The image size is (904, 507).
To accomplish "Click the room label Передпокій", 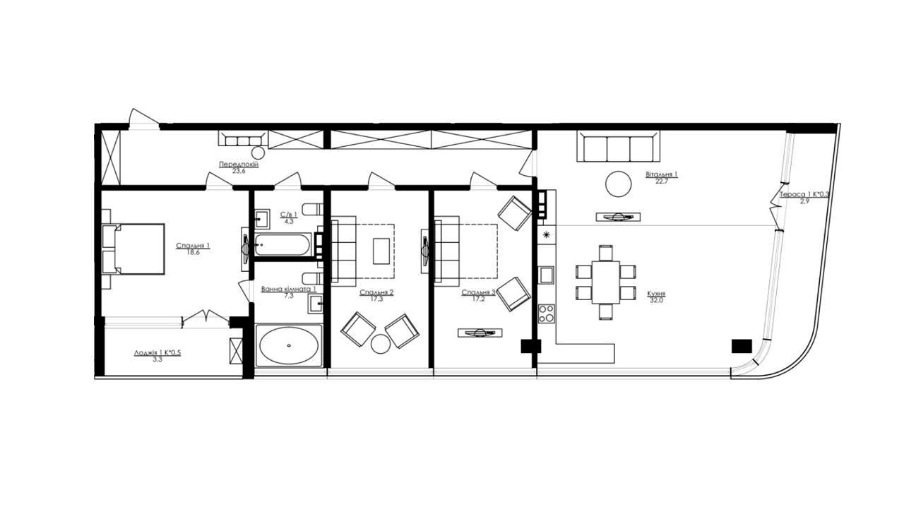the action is [239, 165].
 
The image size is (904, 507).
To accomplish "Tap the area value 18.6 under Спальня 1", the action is [194, 253].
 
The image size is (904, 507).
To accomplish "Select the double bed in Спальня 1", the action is [133, 249].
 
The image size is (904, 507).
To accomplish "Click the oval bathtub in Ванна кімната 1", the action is [289, 345].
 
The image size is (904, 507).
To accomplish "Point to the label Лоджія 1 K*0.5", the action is [157, 353].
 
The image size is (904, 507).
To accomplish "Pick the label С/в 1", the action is [289, 215].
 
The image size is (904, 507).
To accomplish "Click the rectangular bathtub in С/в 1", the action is [282, 244].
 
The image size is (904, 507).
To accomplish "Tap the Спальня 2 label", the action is [376, 292].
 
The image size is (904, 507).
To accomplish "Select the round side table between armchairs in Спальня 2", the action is [381, 344].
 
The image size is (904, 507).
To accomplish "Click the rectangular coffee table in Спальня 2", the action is [381, 251].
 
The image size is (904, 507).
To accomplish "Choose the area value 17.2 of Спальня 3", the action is [479, 299].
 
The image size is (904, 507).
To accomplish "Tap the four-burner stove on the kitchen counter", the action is [547, 314].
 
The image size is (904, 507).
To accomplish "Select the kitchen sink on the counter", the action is [547, 275].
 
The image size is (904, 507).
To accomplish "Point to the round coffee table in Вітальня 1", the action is [618, 184].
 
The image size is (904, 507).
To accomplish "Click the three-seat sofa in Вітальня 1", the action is [618, 146].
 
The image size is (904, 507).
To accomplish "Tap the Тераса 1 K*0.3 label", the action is [804, 194].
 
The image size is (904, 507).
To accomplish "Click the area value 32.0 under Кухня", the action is [656, 300].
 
